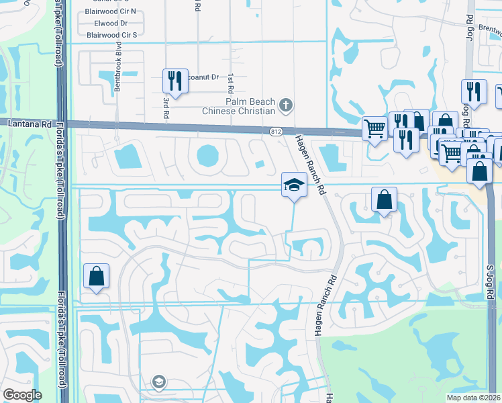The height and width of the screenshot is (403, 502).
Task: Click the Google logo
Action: pyautogui.click(x=22, y=395)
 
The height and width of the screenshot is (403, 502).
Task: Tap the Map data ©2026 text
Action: pyautogui.click(x=474, y=398)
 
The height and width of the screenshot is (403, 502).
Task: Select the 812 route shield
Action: pyautogui.click(x=276, y=129)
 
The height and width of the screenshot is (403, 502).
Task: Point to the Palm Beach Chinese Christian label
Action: pyautogui.click(x=241, y=106)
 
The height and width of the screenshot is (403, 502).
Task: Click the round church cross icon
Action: pyautogui.click(x=286, y=105)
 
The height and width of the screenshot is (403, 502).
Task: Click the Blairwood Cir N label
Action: pyautogui.click(x=111, y=11)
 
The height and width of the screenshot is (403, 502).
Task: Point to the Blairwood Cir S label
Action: pyautogui.click(x=111, y=35)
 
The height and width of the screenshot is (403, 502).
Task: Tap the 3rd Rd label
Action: pyautogui.click(x=165, y=107)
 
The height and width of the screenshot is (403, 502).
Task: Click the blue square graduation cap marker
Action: pyautogui.click(x=294, y=184)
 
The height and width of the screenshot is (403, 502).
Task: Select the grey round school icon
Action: pyautogui.click(x=158, y=382)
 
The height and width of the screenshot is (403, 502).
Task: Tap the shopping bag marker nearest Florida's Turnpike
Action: pyautogui.click(x=96, y=275)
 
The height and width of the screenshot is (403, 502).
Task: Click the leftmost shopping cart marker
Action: pyautogui.click(x=374, y=128)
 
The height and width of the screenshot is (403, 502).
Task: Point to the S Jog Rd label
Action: pyautogui.click(x=491, y=282)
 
